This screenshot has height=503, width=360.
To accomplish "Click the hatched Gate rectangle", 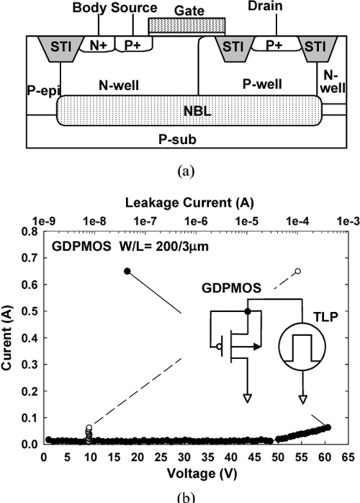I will [x=186, y=26].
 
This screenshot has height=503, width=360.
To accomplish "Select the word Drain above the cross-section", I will [x=275, y=7].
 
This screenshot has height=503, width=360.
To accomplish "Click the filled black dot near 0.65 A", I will [x=127, y=271].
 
